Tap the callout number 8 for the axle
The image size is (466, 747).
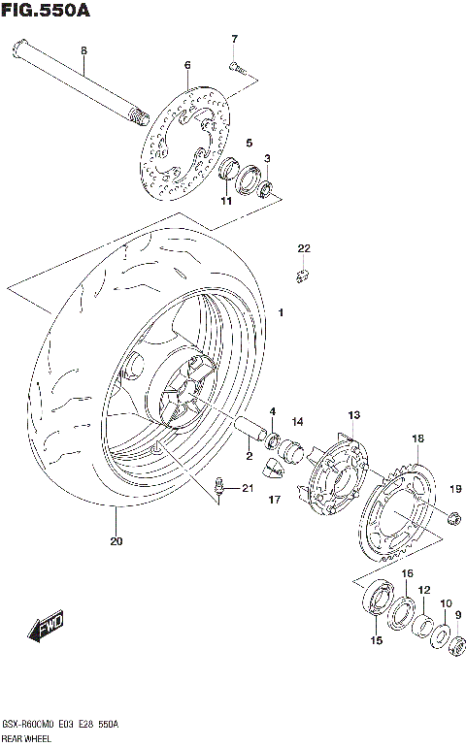point(83,50)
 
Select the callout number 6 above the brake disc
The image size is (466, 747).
point(186,66)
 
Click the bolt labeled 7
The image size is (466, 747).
point(237,67)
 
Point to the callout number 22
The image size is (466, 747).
point(303,249)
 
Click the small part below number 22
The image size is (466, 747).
point(302,275)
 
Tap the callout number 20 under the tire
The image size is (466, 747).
point(116,541)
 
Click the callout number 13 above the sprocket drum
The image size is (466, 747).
point(353,415)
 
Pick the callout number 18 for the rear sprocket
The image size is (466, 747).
point(417,439)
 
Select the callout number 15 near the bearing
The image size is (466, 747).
point(376,640)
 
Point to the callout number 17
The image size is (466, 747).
point(275,500)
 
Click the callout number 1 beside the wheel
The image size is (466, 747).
point(282,313)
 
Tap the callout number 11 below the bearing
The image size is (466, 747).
point(224,202)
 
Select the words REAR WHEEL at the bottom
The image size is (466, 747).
point(25,738)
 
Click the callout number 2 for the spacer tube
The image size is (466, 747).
point(249,455)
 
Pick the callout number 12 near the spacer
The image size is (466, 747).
point(423,589)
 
